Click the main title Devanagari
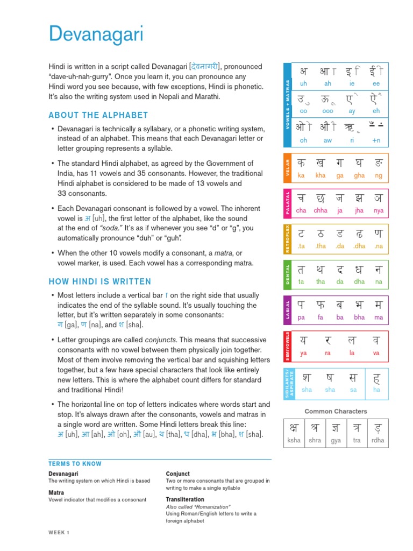tap(96, 34)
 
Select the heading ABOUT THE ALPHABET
tap(98, 115)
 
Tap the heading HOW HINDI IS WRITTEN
tap(100, 281)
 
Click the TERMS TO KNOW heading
tap(75, 464)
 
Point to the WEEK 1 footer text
tap(59, 533)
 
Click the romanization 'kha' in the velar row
tap(321, 175)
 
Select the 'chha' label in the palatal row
tap(321, 211)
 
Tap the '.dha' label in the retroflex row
tap(359, 246)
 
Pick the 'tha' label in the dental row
tap(321, 281)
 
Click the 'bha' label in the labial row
tap(359, 317)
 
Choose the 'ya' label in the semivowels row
tap(303, 354)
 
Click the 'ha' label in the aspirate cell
tap(376, 389)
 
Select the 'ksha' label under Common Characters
tap(294, 440)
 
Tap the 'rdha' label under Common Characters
tap(378, 440)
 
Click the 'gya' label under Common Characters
tap(336, 440)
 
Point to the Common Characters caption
tap(336, 412)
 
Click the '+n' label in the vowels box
tap(376, 140)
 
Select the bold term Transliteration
tap(186, 499)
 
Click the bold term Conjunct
tap(178, 474)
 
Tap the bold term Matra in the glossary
tap(56, 492)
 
